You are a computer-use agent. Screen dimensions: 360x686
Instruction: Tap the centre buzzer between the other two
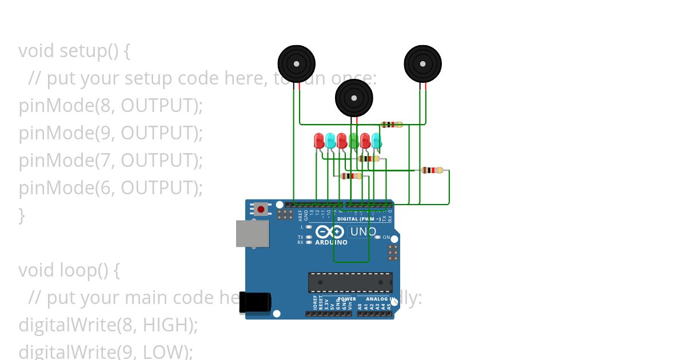pos(354,98)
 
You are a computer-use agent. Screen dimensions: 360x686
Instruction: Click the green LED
pos(354,140)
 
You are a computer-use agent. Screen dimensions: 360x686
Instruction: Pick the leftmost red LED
pos(319,141)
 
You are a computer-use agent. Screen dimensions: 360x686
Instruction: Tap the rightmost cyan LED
pos(376,141)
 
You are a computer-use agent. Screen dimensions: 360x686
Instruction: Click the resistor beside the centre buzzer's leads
pos(391,125)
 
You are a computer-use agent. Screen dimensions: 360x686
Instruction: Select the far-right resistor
pos(432,170)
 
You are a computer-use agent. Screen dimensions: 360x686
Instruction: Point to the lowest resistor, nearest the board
pos(351,176)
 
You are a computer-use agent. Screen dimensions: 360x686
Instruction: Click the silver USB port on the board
pos(252,234)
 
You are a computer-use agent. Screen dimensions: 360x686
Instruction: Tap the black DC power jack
pos(254,302)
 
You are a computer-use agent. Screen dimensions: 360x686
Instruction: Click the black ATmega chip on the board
pos(350,282)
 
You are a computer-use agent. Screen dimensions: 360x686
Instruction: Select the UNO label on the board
pos(362,231)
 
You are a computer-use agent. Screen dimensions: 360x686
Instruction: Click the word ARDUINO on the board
pos(331,242)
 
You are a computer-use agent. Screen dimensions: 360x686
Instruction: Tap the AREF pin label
pos(300,215)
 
